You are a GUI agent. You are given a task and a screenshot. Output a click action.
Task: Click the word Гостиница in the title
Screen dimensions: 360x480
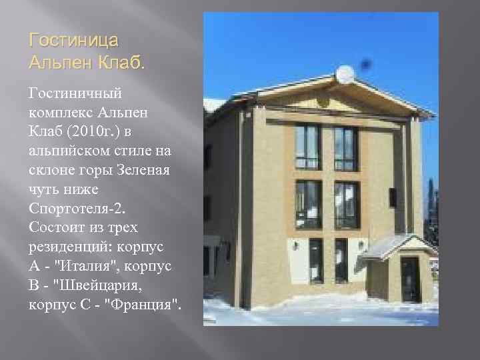point(74,41)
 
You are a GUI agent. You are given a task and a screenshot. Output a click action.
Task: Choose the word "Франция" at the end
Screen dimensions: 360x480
point(145,305)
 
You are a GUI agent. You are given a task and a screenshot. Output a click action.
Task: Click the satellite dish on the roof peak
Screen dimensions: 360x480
point(345,75)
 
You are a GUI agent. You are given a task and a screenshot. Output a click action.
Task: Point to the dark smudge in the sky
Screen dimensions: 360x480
point(365,64)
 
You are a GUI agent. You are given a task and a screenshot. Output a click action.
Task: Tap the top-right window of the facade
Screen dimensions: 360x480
point(345,148)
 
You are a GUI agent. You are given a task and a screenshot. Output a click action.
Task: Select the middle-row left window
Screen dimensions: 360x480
point(308,205)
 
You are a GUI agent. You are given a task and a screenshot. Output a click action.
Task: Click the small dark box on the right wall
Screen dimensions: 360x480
point(393,197)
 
